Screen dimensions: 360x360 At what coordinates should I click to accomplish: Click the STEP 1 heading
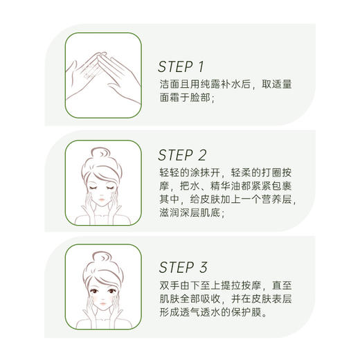pos(181,67)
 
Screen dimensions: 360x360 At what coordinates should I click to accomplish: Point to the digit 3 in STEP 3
pos(201,267)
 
